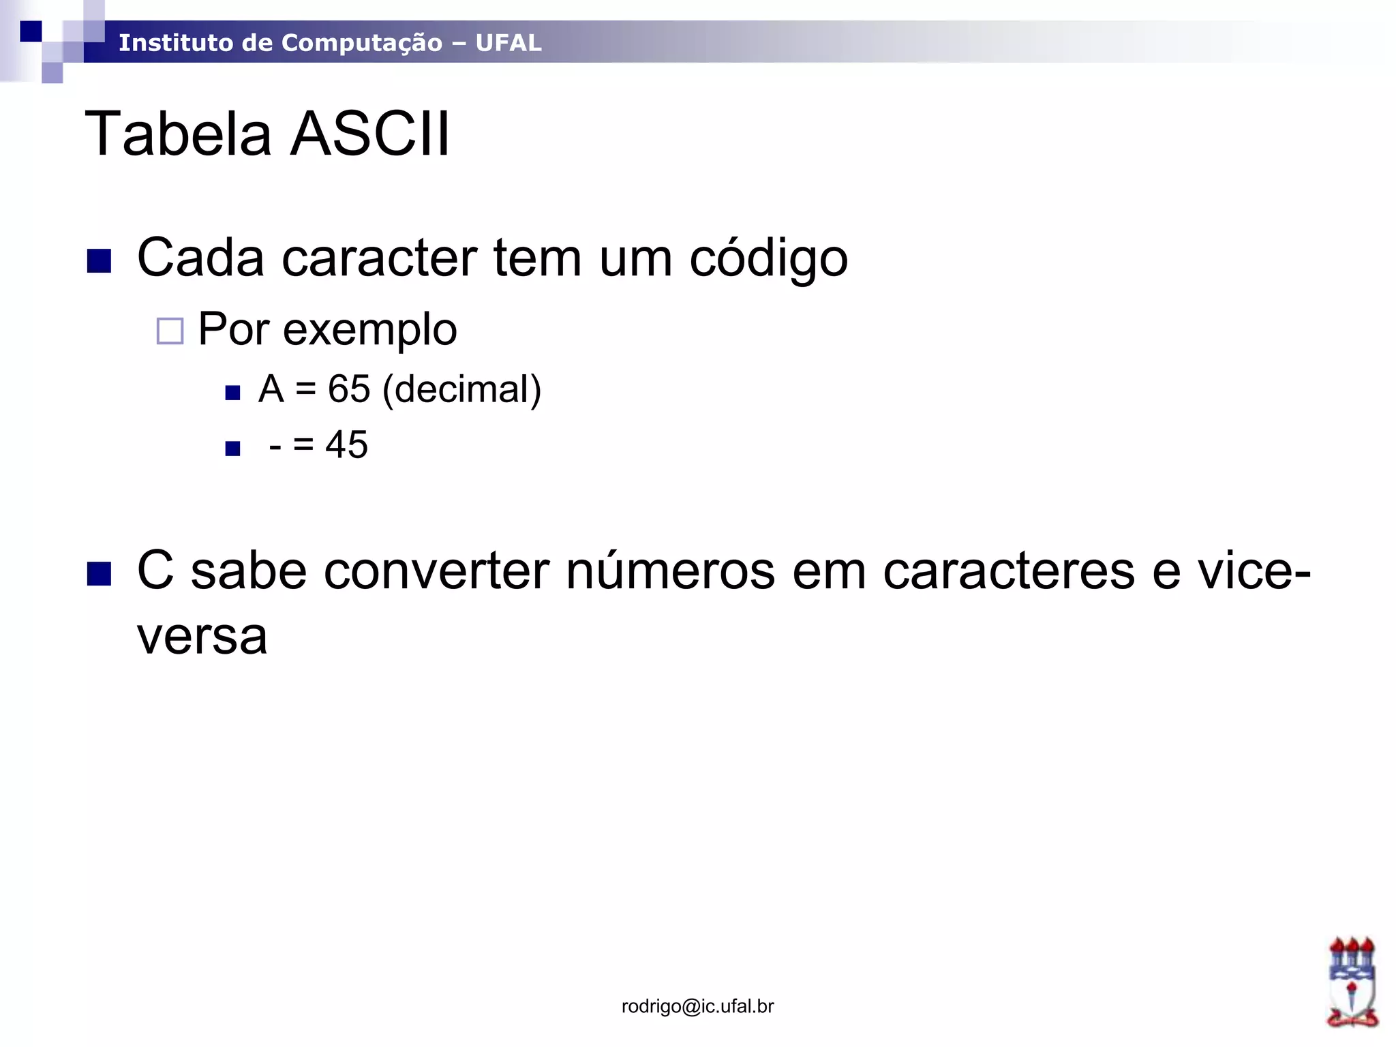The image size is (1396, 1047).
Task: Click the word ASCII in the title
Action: pos(371,134)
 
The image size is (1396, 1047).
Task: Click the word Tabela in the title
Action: pos(178,134)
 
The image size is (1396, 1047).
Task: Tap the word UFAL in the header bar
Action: pos(509,43)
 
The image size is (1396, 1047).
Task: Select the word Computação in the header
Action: pos(362,43)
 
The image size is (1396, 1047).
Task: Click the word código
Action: pos(768,259)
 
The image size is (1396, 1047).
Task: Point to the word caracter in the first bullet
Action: pos(379,259)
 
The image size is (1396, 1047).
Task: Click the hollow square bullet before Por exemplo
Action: pos(170,331)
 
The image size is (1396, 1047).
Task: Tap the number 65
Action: pos(349,389)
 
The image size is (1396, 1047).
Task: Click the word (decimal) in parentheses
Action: pos(462,390)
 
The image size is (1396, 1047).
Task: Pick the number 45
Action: pos(347,444)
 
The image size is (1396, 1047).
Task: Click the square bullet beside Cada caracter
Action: pos(100,261)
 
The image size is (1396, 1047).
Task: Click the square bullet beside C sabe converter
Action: pos(100,574)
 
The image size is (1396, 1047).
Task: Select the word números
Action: pos(670,571)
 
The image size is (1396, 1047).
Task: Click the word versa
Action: pos(202,637)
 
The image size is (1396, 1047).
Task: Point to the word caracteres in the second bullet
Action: pos(1009,571)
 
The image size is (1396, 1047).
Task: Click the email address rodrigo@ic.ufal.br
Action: pos(697,1006)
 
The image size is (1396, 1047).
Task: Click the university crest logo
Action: pos(1352,982)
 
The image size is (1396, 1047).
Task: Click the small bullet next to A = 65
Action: pos(233,393)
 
